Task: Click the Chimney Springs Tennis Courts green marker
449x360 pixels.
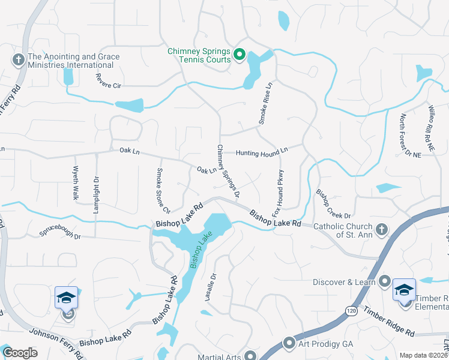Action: tap(238, 55)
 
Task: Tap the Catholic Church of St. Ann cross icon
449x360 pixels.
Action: tap(381, 229)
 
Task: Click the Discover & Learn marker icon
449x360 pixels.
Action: tap(385, 281)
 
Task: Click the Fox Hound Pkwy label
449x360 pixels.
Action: tap(278, 193)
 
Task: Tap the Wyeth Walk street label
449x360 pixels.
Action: tap(76, 183)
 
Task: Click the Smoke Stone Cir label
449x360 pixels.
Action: tap(162, 190)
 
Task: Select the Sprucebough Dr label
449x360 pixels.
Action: tap(59, 232)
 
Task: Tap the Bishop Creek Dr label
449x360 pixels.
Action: tap(333, 204)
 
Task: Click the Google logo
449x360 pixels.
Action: tap(20, 353)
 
